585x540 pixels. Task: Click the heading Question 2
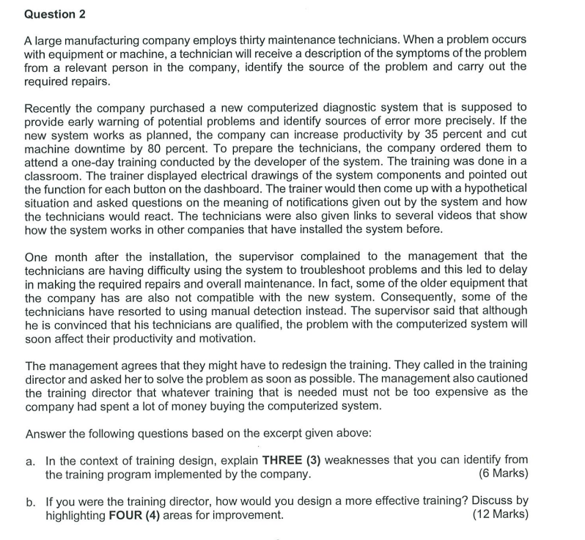(50, 14)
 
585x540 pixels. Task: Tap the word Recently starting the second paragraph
(50, 108)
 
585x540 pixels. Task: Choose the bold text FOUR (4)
(134, 515)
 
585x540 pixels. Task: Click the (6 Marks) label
(502, 474)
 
